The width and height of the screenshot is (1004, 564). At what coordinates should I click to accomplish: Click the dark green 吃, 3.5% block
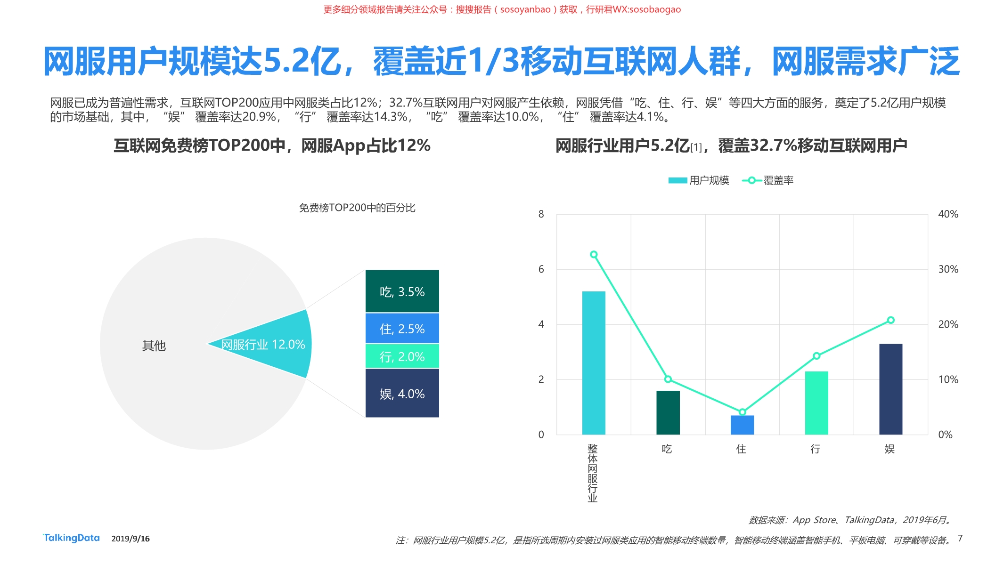tap(402, 291)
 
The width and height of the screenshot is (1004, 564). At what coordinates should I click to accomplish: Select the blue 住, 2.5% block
tap(402, 329)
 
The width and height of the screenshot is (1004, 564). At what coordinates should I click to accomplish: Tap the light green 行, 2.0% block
tap(402, 356)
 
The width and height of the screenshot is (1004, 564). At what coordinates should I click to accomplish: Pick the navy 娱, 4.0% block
tap(402, 394)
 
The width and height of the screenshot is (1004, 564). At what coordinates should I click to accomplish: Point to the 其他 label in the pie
tap(154, 346)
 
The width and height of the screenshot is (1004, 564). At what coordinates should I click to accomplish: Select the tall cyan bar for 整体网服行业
tap(594, 363)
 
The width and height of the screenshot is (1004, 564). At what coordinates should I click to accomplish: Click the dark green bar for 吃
tap(668, 412)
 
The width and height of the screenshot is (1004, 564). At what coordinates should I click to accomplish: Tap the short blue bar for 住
tap(742, 425)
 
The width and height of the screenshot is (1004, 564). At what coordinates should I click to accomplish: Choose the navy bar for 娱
tap(890, 389)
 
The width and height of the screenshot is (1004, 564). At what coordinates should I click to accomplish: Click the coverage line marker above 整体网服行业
tap(594, 255)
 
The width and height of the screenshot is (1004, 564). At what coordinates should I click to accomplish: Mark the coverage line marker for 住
tap(742, 412)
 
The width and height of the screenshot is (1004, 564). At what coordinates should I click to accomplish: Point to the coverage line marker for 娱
tap(890, 320)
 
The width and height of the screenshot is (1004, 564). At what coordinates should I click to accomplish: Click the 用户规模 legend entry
tap(699, 180)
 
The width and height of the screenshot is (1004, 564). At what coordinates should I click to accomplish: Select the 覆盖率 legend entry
tap(769, 180)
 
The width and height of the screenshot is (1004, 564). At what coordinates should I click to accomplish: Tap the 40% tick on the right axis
tap(948, 214)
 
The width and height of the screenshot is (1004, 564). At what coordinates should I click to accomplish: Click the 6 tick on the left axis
tap(541, 269)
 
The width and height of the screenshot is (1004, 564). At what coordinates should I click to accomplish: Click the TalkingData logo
tap(72, 538)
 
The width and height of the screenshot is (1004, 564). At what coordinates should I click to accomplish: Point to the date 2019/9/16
tap(131, 539)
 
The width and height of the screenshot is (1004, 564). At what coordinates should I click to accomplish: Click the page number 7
tap(960, 538)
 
